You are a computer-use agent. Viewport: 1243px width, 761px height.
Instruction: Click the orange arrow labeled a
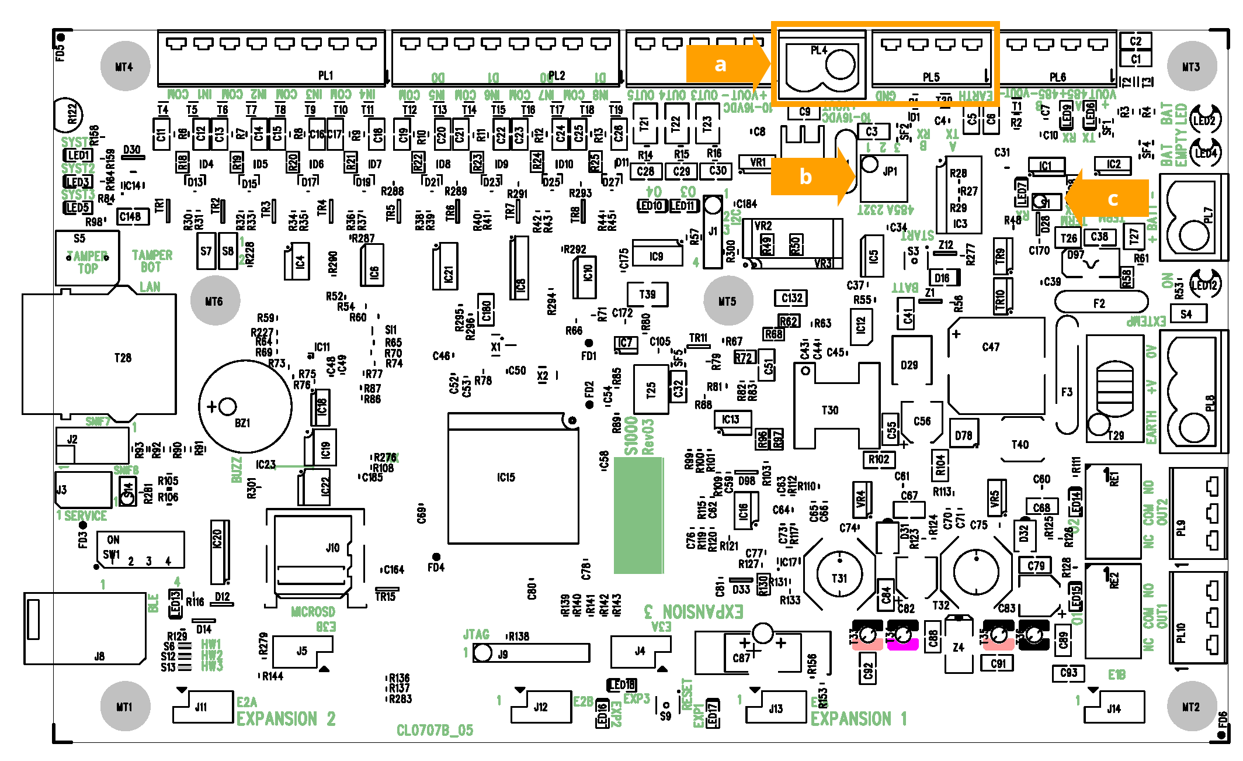click(x=727, y=64)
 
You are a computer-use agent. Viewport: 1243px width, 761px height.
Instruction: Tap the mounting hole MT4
click(x=124, y=66)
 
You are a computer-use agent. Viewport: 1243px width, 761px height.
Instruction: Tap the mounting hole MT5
click(x=727, y=301)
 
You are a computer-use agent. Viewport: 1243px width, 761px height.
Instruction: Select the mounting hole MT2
click(x=1191, y=706)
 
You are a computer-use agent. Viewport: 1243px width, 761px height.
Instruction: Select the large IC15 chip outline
click(x=513, y=478)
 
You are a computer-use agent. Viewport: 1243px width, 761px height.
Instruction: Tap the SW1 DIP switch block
click(x=140, y=549)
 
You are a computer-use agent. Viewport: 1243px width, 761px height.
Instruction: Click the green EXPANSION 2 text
click(x=286, y=718)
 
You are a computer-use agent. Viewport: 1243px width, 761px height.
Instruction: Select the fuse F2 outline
click(x=1100, y=303)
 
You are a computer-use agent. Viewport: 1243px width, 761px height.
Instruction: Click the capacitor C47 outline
click(x=996, y=365)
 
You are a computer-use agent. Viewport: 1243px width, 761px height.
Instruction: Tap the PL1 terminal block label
click(x=325, y=75)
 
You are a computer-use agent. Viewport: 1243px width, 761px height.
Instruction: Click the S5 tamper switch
click(x=88, y=257)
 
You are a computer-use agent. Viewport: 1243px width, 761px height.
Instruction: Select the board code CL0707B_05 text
click(x=435, y=730)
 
